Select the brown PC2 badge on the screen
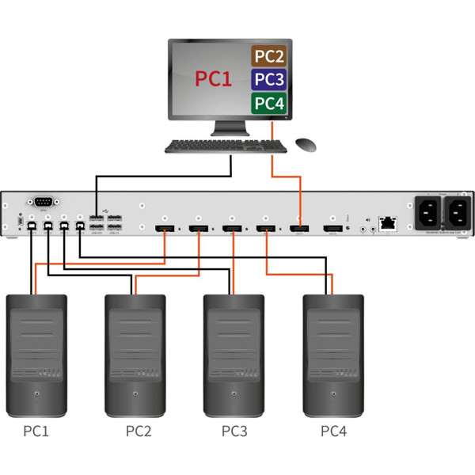(x=268, y=56)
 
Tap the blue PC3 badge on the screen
(x=268, y=79)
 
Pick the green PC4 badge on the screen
(x=268, y=102)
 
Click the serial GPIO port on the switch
(x=43, y=203)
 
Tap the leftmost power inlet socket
(x=427, y=211)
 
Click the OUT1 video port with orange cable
(x=299, y=230)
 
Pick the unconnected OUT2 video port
(x=332, y=230)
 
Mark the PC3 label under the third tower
(x=235, y=431)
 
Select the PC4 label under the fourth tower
(x=334, y=431)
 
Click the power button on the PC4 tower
(x=334, y=394)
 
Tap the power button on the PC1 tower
(x=36, y=394)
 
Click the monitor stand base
(x=230, y=131)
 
